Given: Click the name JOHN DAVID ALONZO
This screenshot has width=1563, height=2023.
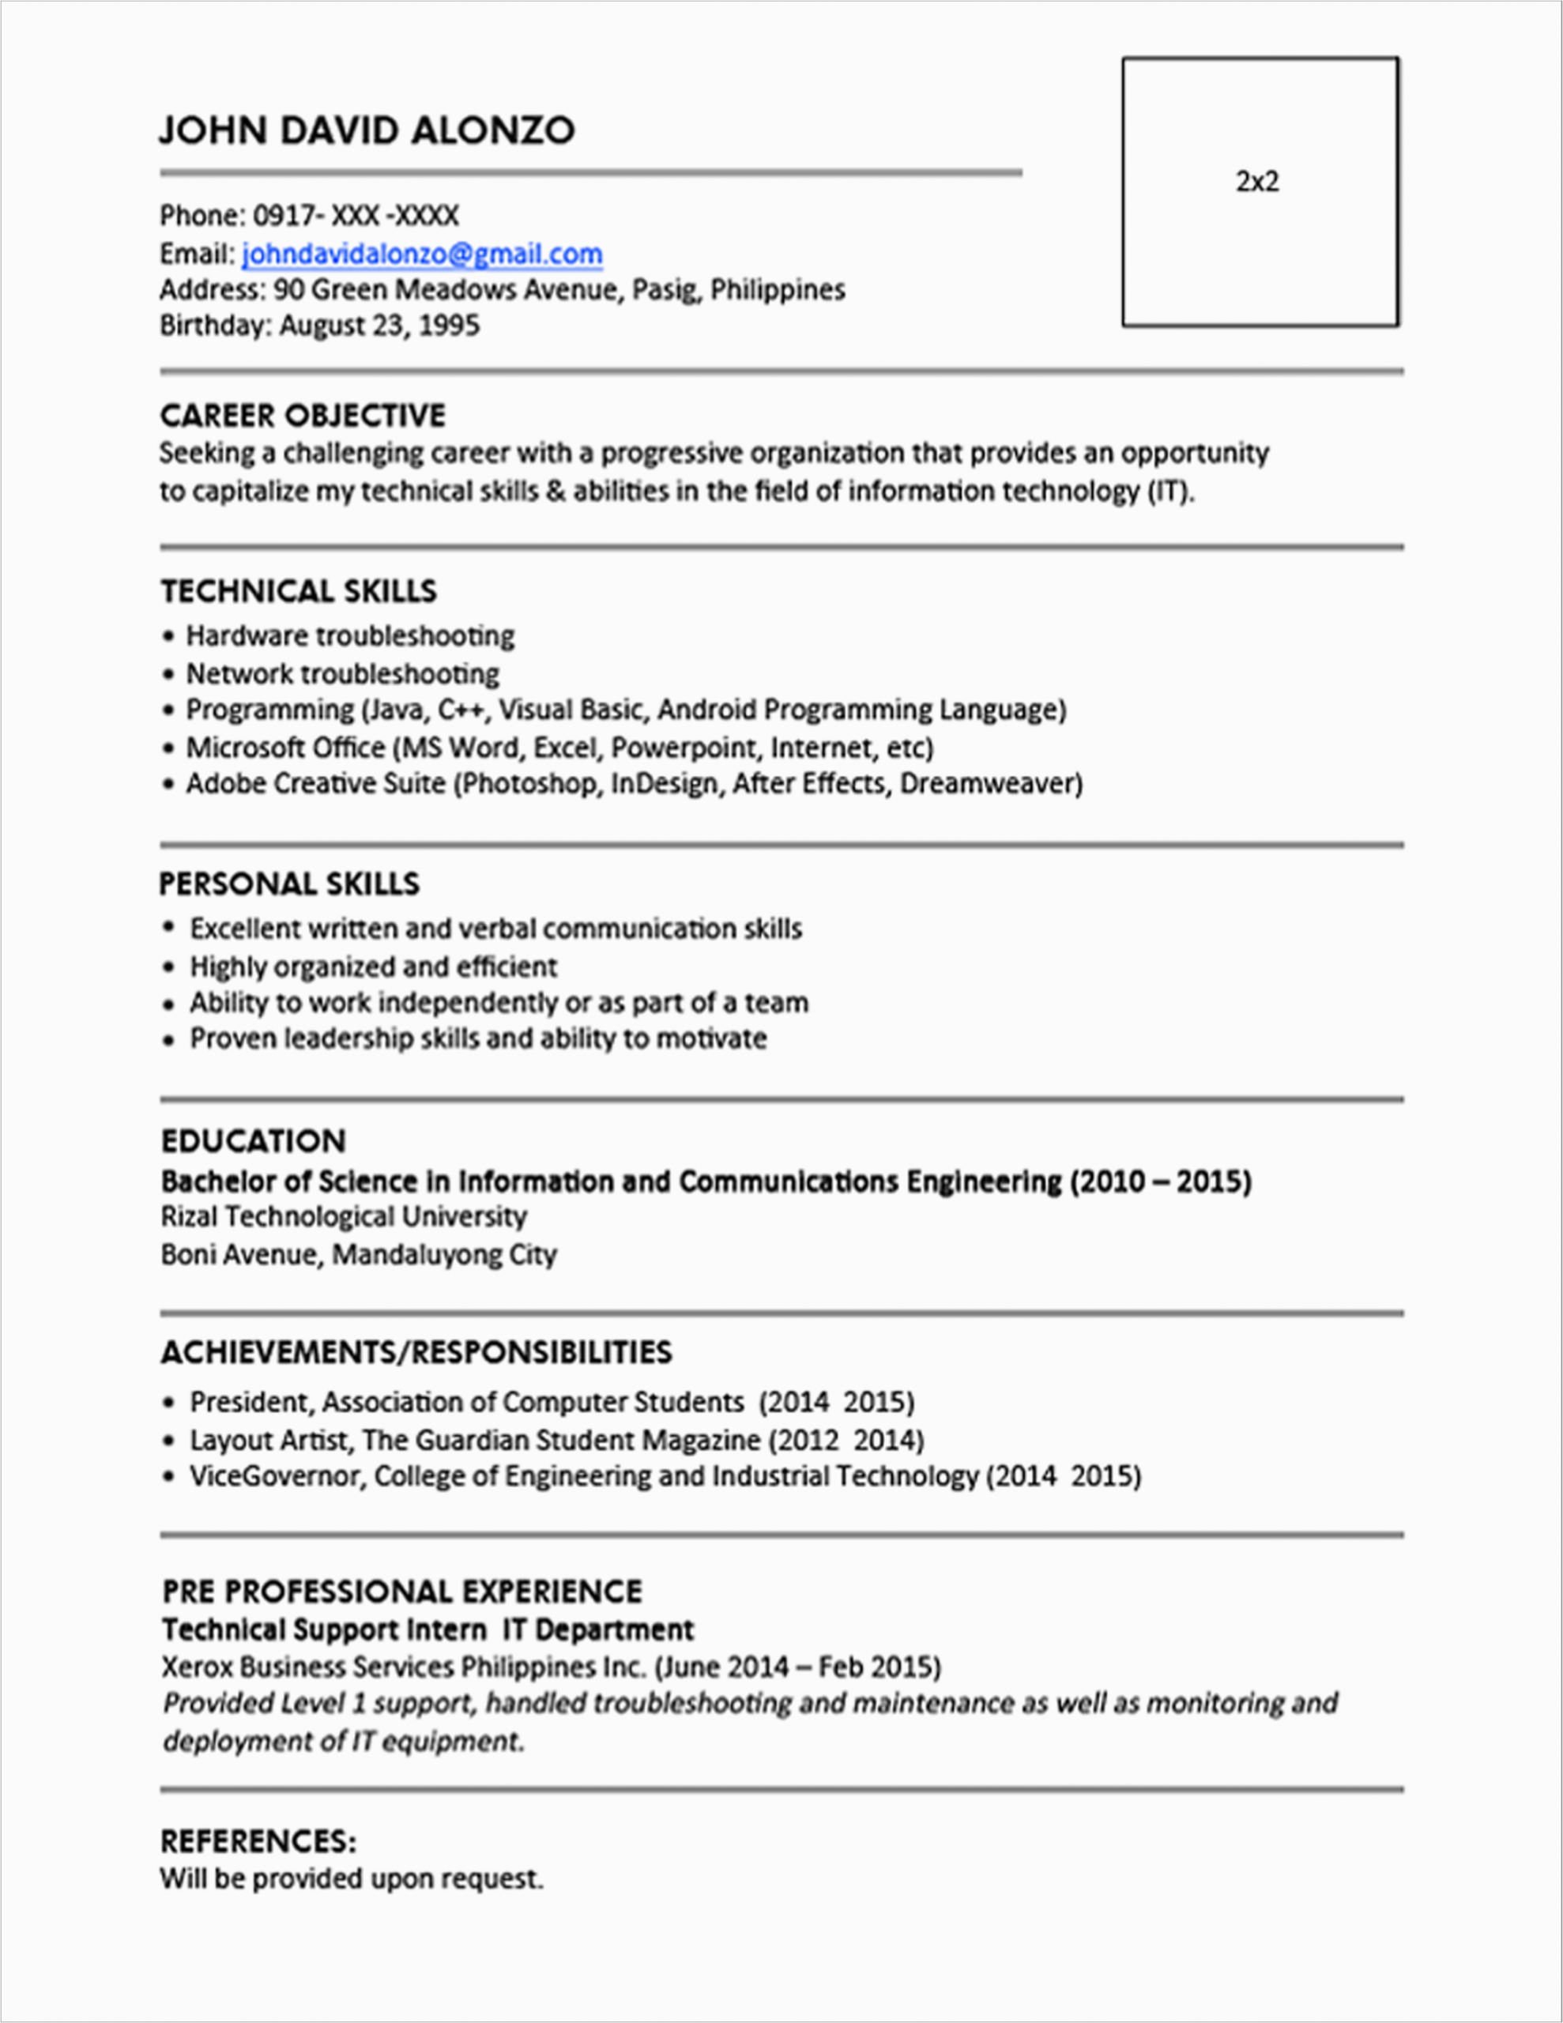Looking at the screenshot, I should [367, 130].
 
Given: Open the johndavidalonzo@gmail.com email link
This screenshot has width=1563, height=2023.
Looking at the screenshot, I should [421, 254].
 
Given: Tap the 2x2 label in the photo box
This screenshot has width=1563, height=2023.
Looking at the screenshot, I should [1257, 182].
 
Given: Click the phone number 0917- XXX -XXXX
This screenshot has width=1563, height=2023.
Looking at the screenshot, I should [356, 216].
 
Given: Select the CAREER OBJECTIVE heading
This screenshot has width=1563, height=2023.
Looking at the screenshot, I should [302, 416].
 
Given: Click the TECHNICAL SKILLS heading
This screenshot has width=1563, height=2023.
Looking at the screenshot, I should [299, 591].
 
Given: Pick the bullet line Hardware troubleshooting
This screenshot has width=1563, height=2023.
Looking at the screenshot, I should [349, 636].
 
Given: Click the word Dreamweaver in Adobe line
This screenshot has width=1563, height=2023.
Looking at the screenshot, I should [989, 784].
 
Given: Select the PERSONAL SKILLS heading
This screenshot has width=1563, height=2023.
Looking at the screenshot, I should [289, 883].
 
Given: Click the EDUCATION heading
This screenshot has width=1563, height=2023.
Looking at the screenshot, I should [253, 1141].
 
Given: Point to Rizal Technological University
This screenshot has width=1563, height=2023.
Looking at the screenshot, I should [344, 1217].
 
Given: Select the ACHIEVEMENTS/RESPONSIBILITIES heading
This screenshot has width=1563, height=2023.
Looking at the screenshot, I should [416, 1352].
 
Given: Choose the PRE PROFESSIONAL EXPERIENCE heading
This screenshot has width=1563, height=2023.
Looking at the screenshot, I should [401, 1592].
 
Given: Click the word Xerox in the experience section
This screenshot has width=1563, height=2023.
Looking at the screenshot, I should [198, 1667].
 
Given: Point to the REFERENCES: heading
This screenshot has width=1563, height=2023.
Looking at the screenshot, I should [258, 1840].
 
